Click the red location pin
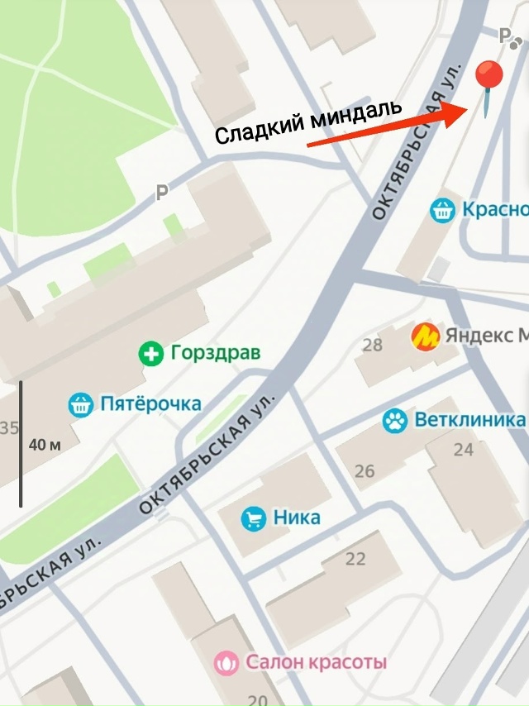(x=489, y=79)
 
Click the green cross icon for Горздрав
(x=150, y=354)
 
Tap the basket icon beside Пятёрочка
(x=80, y=405)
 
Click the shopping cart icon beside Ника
(x=253, y=519)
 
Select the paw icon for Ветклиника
(x=395, y=421)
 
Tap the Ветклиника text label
(x=469, y=420)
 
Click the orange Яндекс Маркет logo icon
(x=425, y=336)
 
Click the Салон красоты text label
(x=316, y=662)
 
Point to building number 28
(x=372, y=345)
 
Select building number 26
(x=365, y=472)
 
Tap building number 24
(x=464, y=451)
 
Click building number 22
(x=355, y=560)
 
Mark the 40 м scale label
(x=45, y=445)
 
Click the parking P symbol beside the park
(x=163, y=193)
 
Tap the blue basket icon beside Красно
(x=443, y=210)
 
